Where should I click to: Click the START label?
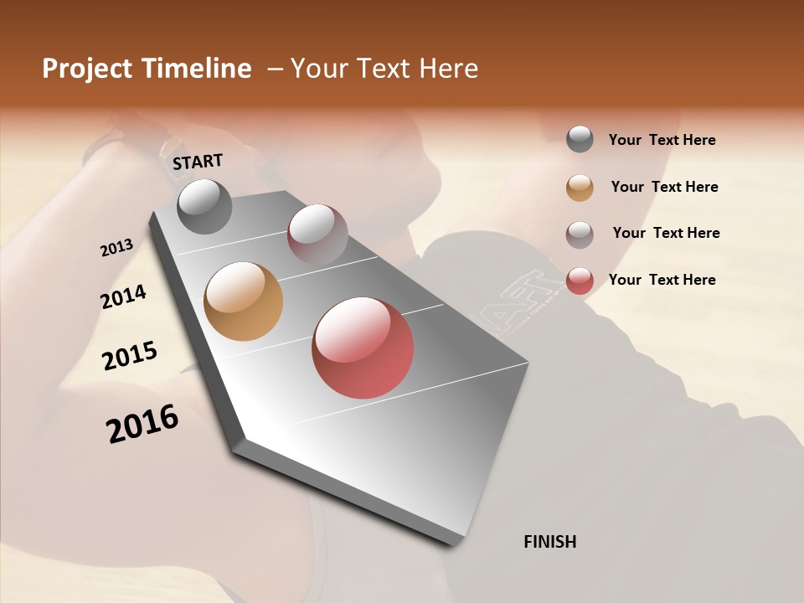[x=198, y=162]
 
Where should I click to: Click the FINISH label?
[x=549, y=542]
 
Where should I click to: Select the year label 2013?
[x=116, y=248]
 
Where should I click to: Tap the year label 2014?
[x=123, y=297]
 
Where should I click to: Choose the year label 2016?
[x=142, y=424]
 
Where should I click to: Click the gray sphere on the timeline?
[x=204, y=206]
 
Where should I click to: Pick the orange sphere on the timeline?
[x=244, y=301]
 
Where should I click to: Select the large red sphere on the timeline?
[x=363, y=348]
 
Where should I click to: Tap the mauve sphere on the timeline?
[x=317, y=234]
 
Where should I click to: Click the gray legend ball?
[x=580, y=140]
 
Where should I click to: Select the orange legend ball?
[x=580, y=188]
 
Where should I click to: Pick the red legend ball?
[x=580, y=281]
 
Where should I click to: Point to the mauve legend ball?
[x=580, y=234]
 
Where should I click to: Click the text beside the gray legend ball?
[x=662, y=140]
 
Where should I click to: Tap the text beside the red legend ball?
[x=662, y=280]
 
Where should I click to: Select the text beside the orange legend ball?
[x=664, y=187]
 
